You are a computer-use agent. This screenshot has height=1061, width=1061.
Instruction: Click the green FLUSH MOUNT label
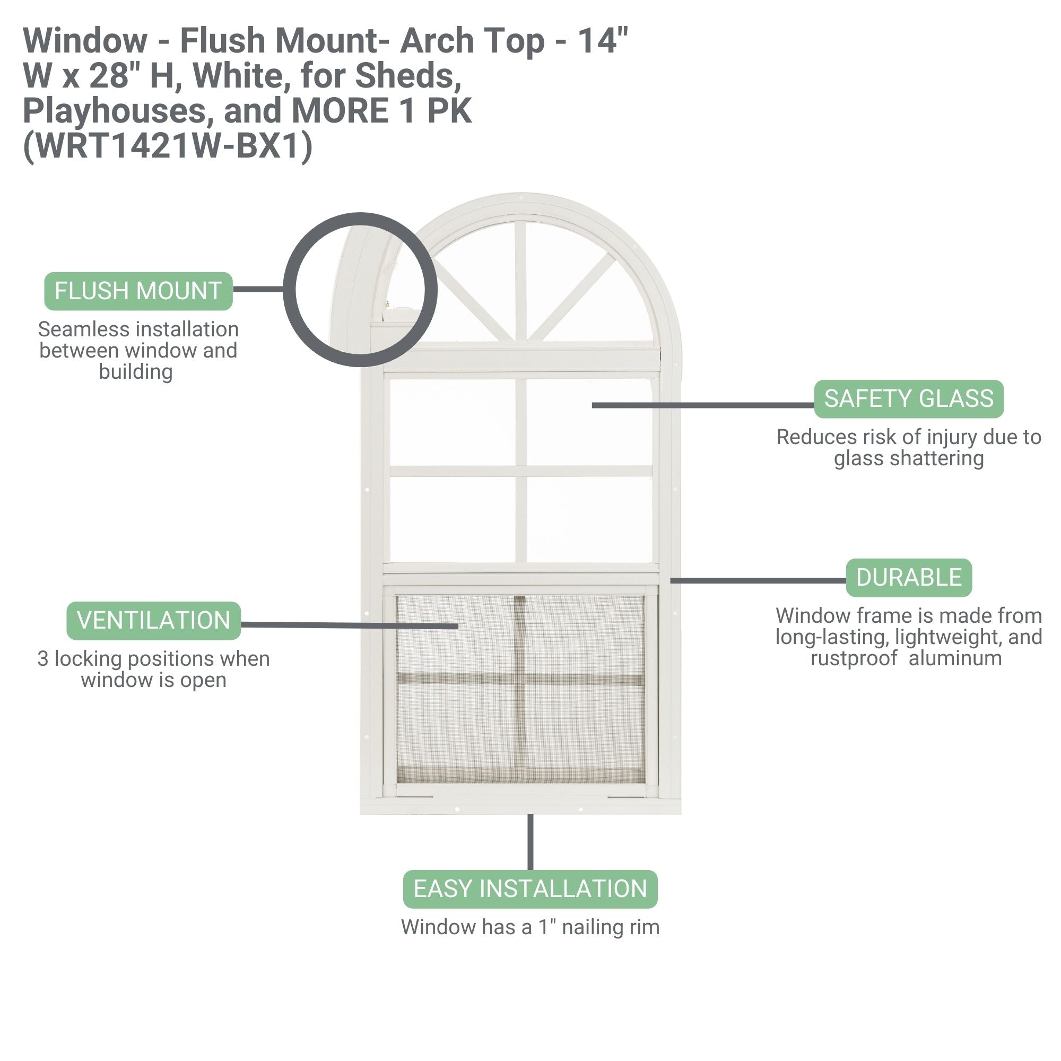(138, 291)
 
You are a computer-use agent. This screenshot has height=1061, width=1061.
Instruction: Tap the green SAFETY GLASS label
(908, 399)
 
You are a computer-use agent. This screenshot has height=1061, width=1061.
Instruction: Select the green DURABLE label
(908, 578)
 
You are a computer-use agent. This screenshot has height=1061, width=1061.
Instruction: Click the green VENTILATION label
(154, 621)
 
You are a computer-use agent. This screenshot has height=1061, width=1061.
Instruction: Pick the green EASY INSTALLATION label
(530, 889)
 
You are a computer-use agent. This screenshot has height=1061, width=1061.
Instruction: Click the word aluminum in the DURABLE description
(955, 658)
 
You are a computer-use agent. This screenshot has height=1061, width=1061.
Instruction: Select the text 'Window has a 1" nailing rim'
(530, 927)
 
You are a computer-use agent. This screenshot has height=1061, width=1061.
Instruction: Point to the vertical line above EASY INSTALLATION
(530, 842)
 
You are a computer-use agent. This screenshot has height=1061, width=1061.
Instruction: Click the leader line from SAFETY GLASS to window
(703, 405)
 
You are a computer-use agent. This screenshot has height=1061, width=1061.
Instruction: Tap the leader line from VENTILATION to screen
(349, 625)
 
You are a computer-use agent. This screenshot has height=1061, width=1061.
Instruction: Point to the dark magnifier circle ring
(290, 290)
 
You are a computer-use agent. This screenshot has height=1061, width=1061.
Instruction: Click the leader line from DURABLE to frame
(758, 580)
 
